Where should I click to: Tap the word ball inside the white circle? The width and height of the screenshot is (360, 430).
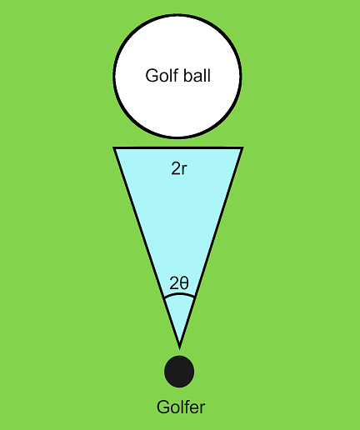point(197,75)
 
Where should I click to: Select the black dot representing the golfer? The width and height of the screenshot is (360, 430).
point(179,372)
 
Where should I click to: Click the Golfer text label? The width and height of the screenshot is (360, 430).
point(181,407)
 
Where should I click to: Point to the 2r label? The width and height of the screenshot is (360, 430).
point(179,168)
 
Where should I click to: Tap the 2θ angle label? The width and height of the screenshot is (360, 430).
point(179,283)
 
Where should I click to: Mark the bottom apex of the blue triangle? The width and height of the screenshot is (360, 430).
point(179,347)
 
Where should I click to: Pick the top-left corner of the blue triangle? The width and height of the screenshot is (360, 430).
point(114,147)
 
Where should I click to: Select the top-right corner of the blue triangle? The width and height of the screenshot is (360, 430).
point(242,147)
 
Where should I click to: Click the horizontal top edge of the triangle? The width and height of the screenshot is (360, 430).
point(178,147)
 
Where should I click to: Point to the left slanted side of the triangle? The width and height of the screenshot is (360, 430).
point(147,247)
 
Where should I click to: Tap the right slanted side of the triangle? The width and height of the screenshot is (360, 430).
point(211,247)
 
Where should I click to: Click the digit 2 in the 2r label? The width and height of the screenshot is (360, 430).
point(176,168)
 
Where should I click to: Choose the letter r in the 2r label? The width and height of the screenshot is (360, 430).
point(184,170)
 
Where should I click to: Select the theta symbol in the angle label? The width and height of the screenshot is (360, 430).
point(184,283)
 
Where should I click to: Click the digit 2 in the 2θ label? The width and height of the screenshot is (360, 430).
point(174,283)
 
